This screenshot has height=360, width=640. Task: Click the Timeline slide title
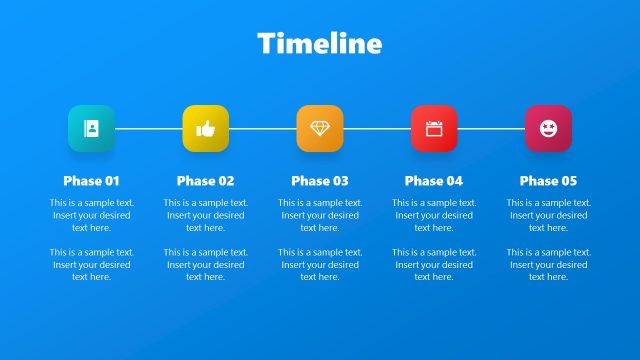tap(320, 44)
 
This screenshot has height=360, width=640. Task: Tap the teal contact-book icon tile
tap(91, 128)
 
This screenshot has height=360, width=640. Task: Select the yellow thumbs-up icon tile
tap(205, 128)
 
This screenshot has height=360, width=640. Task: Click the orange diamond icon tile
tap(320, 128)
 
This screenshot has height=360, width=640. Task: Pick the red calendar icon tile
tap(434, 128)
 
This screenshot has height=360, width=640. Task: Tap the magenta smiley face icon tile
tap(548, 128)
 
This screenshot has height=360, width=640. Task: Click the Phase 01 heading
tap(91, 181)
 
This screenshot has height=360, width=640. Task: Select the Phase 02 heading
tap(205, 181)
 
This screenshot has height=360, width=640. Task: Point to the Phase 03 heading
tap(320, 181)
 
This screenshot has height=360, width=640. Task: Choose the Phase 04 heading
tap(434, 181)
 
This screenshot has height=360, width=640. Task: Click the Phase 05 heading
tap(548, 181)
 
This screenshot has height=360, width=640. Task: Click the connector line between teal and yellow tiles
tap(148, 128)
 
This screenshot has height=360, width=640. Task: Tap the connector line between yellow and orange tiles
tap(262, 128)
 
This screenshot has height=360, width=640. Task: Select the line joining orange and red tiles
tap(377, 128)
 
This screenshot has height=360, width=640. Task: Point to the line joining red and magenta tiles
tap(491, 128)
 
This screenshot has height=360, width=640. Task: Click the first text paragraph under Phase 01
tap(91, 215)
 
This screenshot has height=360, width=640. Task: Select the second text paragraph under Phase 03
tap(320, 265)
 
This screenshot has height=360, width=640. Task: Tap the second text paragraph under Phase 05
tap(548, 265)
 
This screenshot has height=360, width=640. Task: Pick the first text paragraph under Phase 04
tap(434, 215)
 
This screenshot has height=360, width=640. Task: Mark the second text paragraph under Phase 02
tap(205, 265)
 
